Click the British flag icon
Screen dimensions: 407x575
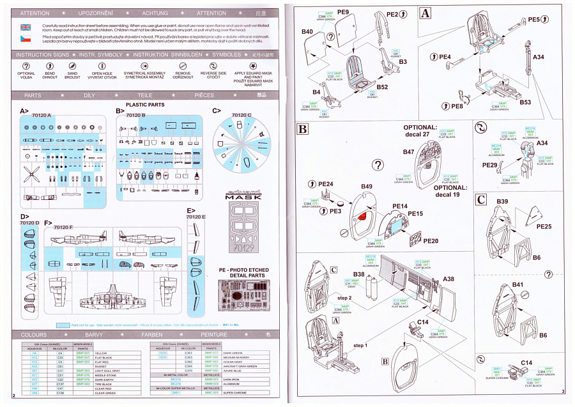pos(25,27)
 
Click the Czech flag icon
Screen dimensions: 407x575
pos(25,40)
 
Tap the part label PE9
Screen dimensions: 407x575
pos(343,12)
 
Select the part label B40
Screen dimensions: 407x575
pos(307,31)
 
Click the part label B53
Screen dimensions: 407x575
pos(525,102)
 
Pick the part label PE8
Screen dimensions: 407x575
pos(457,106)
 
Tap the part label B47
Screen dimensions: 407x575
pos(409,152)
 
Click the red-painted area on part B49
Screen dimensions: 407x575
pos(364,215)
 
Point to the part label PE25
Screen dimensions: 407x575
pos(544,226)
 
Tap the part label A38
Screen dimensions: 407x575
pos(448,279)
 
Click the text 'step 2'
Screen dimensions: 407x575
pos(344,298)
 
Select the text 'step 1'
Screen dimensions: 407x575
pos(360,345)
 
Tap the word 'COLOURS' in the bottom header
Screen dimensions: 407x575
pos(34,334)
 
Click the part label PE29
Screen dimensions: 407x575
pos(489,165)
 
